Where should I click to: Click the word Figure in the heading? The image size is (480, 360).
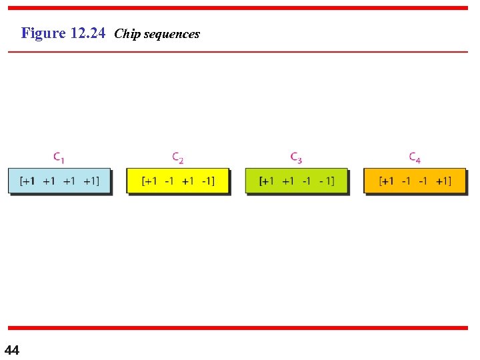click(x=43, y=33)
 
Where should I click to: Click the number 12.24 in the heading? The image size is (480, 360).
click(x=87, y=33)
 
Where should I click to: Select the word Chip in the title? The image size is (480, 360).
click(x=127, y=34)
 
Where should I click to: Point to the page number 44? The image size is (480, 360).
click(x=12, y=350)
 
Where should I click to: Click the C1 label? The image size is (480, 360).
click(x=59, y=158)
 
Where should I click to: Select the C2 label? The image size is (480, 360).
click(x=178, y=158)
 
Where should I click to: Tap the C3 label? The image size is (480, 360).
click(x=296, y=158)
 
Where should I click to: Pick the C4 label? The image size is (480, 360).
click(x=415, y=158)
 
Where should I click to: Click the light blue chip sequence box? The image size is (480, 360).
click(x=59, y=181)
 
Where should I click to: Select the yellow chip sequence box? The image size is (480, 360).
click(x=177, y=181)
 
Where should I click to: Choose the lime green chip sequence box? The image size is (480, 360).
click(x=296, y=181)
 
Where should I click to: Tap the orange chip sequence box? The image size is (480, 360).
click(x=415, y=181)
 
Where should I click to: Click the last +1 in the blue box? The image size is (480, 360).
click(x=91, y=181)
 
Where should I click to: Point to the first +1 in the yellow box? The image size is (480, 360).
click(x=151, y=181)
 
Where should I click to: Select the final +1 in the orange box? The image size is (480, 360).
click(x=443, y=181)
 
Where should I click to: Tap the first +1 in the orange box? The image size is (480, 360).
click(x=387, y=181)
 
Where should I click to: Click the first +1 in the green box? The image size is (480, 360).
click(x=268, y=181)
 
